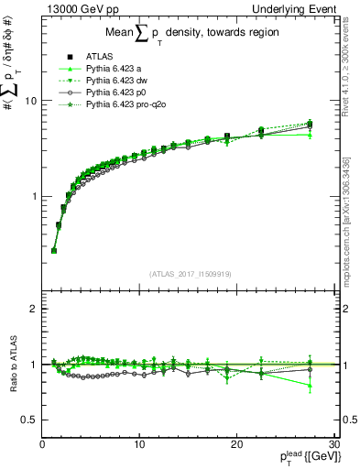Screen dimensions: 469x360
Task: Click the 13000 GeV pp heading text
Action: [x=76, y=8]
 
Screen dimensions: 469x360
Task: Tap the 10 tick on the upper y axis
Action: [x=30, y=101]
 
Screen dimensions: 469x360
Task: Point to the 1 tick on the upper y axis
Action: [x=33, y=197]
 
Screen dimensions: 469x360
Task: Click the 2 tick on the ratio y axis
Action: [x=33, y=309]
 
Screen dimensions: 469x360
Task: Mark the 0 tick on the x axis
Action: [x=42, y=444]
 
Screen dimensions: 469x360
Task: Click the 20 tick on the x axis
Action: [x=236, y=444]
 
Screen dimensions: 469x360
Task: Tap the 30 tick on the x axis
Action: [x=333, y=444]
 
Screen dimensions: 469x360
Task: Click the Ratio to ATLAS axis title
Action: [x=12, y=366]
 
